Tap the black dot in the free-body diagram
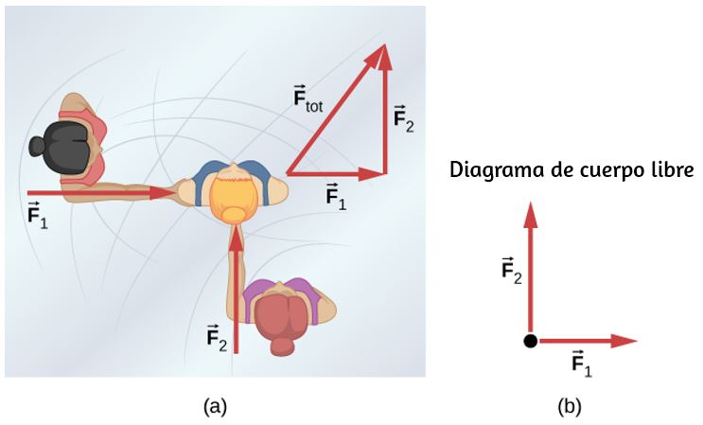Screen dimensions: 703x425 [x=530, y=341]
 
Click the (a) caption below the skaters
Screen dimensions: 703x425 [x=215, y=407]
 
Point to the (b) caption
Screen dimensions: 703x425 [x=569, y=407]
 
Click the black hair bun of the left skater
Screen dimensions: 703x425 [x=36, y=146]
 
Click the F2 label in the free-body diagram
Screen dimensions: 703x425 [x=511, y=271]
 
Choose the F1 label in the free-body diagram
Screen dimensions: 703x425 [x=582, y=363]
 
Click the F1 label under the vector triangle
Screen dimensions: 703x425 [x=336, y=196]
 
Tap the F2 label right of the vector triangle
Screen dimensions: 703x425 [x=403, y=118]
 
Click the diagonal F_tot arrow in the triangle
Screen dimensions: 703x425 [x=336, y=109]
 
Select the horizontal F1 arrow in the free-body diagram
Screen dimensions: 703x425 [x=588, y=341]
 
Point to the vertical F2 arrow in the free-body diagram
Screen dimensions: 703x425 [x=531, y=268]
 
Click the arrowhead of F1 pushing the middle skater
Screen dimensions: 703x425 [x=163, y=193]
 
